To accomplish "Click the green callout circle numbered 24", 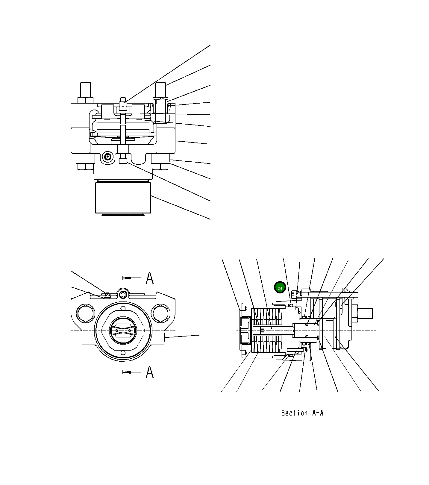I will click(x=280, y=288).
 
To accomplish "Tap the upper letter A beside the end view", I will click(x=150, y=278).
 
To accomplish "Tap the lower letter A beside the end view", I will click(x=150, y=372).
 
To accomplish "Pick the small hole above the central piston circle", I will click(x=123, y=308).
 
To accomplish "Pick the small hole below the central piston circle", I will click(x=123, y=353).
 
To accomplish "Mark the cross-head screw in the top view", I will click(x=107, y=157).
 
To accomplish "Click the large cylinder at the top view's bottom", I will click(x=123, y=198).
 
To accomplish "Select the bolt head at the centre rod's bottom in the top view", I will click(x=123, y=162).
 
